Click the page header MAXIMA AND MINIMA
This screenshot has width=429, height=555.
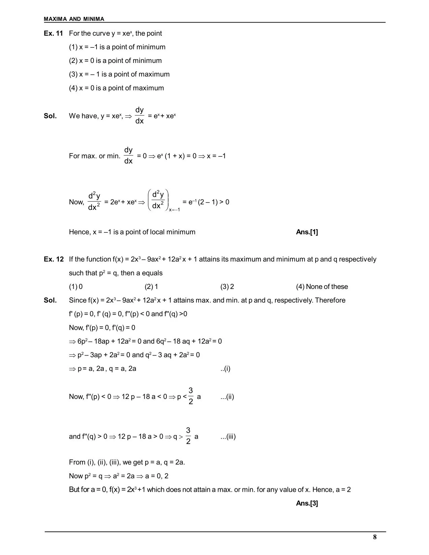(x=74, y=19)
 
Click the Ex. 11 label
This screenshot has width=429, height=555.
(x=53, y=33)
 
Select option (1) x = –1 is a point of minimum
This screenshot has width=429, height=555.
(x=117, y=47)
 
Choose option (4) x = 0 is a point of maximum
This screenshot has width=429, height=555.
(x=116, y=88)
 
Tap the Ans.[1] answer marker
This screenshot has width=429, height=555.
(x=307, y=232)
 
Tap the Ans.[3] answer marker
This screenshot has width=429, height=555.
(x=307, y=503)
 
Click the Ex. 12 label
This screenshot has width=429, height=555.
(x=53, y=259)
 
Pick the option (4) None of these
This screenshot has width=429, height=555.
(x=322, y=287)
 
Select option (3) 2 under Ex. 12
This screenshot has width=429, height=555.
(x=227, y=287)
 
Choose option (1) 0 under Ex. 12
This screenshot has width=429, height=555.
(x=76, y=287)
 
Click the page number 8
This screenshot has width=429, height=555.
(x=375, y=537)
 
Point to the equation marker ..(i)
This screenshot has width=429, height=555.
(x=225, y=369)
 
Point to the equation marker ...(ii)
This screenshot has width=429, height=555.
(x=227, y=397)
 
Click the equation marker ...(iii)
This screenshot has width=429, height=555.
(x=228, y=437)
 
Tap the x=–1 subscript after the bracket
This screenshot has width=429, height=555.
(x=174, y=210)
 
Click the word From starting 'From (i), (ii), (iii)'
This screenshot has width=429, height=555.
(x=77, y=462)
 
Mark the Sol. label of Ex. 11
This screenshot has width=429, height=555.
(x=50, y=116)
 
